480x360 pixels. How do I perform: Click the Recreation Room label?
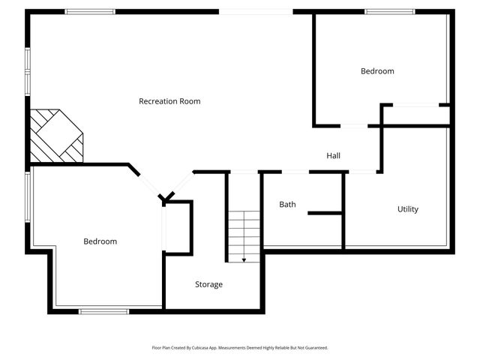click(169, 101)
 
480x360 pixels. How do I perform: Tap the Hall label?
click(334, 156)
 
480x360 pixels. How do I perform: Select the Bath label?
click(287, 204)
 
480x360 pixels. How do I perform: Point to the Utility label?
click(408, 209)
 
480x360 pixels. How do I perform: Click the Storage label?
click(208, 284)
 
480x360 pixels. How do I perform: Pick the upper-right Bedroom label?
click(377, 71)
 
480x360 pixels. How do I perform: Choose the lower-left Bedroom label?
click(100, 241)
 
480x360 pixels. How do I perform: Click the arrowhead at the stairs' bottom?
click(244, 259)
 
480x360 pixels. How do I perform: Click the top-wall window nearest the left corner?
click(89, 11)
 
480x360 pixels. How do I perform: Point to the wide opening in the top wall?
click(256, 11)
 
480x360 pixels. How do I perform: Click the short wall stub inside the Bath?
click(324, 214)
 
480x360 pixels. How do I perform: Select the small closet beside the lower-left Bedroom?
click(178, 225)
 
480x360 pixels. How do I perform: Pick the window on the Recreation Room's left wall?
click(28, 72)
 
